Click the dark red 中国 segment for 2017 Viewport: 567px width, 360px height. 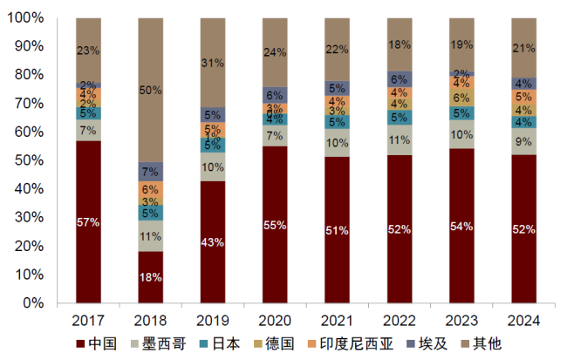[x=88, y=221]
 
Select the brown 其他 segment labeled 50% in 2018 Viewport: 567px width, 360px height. [x=150, y=90]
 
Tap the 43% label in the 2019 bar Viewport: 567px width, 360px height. [x=213, y=241]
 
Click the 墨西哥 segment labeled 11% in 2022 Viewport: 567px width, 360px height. [x=399, y=139]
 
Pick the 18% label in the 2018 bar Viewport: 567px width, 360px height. [x=150, y=277]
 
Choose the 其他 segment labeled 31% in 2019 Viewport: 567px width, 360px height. [x=213, y=63]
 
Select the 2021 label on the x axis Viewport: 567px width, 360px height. [x=338, y=319]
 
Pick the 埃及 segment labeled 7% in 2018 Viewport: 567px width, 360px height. [x=150, y=172]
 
